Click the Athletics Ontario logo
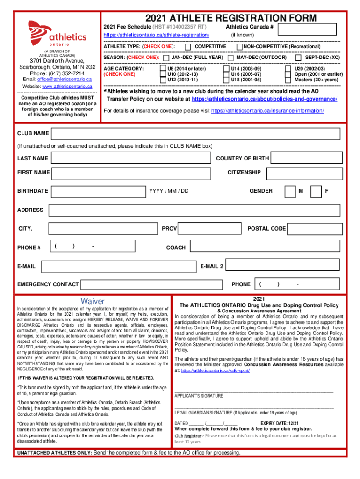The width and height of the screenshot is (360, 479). click(x=57, y=33)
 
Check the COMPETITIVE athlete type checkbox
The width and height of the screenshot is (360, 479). click(x=187, y=47)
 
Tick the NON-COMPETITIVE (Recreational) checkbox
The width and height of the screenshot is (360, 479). click(x=239, y=47)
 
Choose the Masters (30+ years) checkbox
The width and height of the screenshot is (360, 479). click(x=288, y=80)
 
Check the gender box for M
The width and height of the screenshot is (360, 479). click(x=290, y=191)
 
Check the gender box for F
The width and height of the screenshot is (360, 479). click(x=317, y=191)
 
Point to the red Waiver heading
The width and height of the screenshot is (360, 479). click(x=93, y=301)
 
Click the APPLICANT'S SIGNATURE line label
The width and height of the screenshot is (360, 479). click(x=199, y=396)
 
